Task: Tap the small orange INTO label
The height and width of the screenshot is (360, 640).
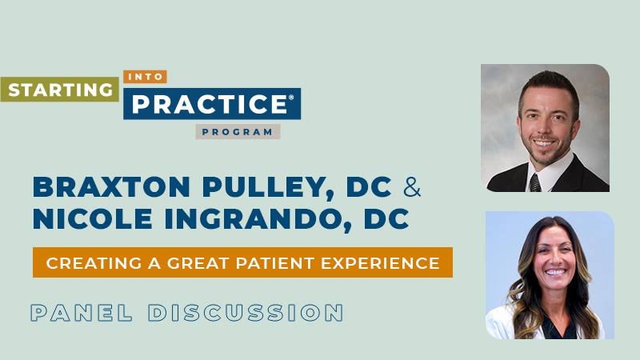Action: pos(145,78)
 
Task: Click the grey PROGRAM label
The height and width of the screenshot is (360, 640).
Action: pos(238,132)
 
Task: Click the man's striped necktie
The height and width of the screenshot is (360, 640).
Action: pos(534,182)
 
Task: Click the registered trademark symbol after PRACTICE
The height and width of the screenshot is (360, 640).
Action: pos(290,99)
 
